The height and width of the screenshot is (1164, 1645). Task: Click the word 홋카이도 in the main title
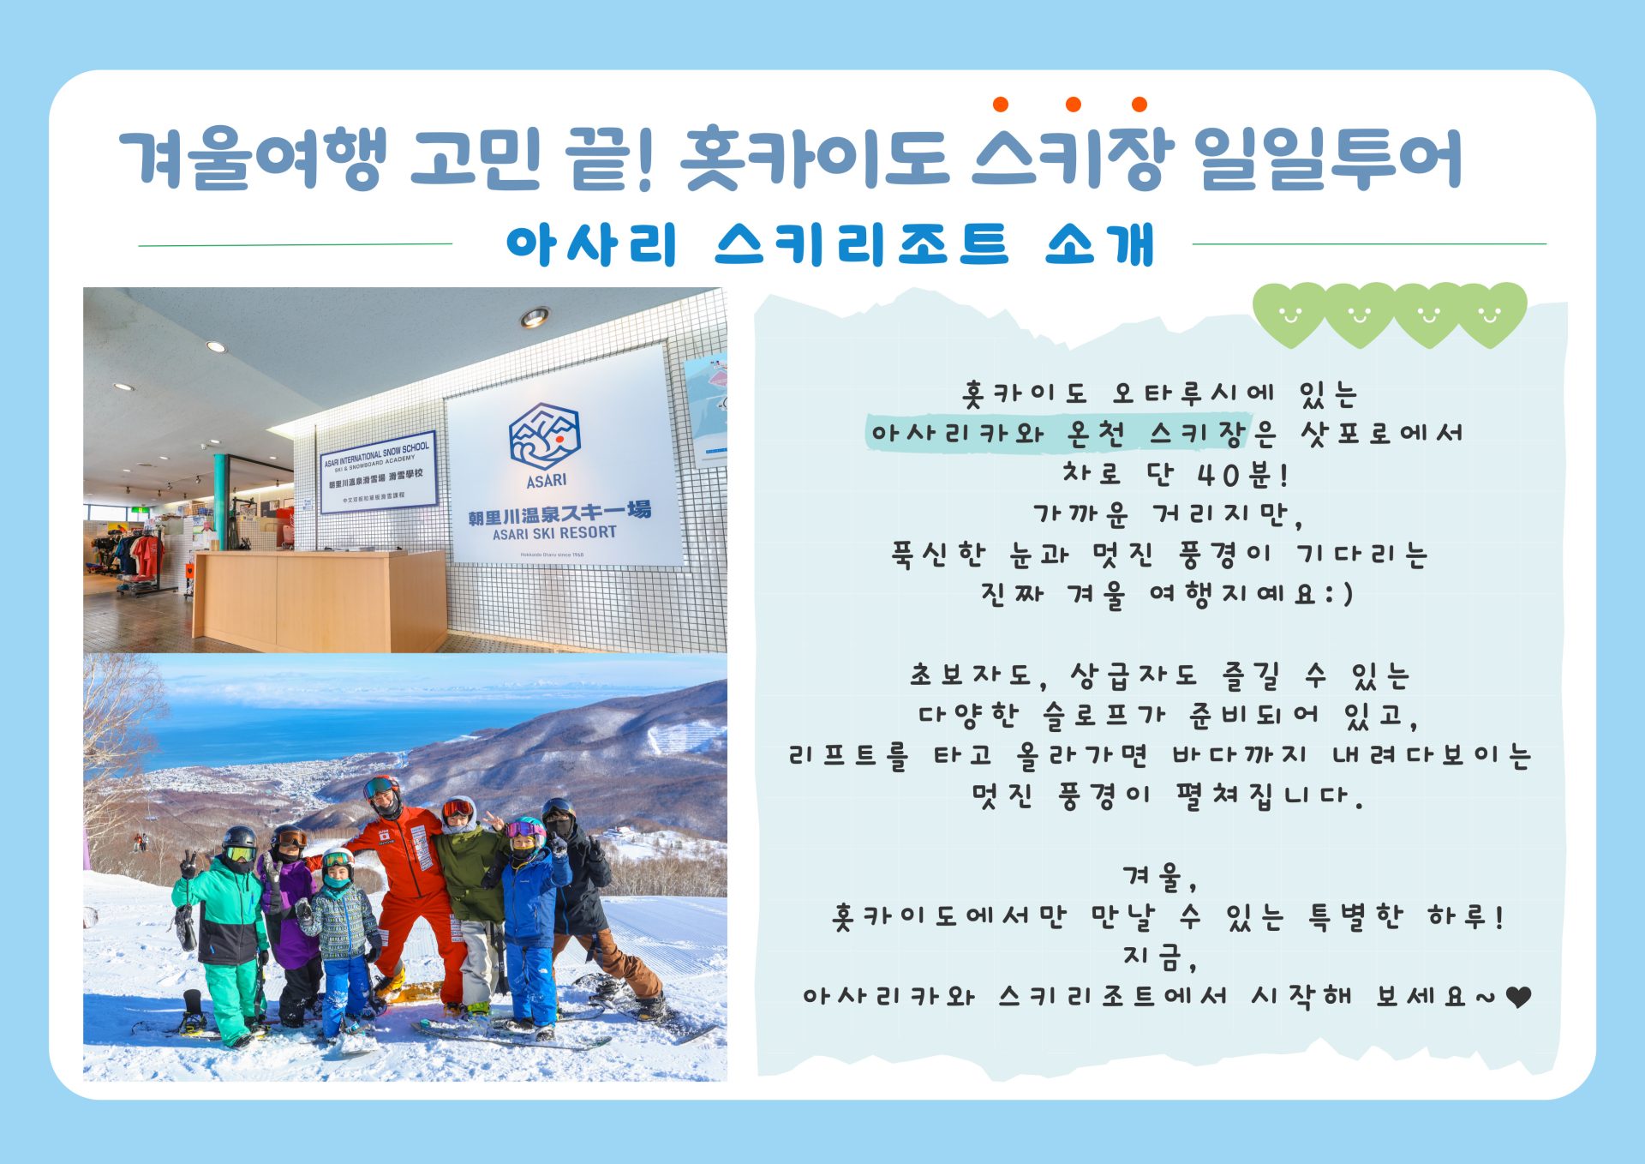815,159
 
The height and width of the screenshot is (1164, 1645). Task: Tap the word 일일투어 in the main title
1327,159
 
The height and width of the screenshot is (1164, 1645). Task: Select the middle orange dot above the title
1073,105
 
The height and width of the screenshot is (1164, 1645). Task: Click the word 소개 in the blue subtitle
1101,244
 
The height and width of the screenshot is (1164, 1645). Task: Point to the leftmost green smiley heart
1289,314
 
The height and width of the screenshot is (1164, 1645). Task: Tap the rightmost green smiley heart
1491,314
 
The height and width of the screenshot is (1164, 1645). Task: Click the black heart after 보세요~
1518,997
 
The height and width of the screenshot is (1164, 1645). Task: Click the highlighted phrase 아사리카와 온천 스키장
1057,434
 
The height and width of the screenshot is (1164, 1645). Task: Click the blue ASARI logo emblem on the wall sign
545,437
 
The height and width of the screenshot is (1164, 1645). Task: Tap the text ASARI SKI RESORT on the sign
554,533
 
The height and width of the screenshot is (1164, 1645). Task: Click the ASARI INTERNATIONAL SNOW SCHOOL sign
378,472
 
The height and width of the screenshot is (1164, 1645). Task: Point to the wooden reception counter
320,600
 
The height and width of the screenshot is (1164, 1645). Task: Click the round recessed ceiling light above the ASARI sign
535,318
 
